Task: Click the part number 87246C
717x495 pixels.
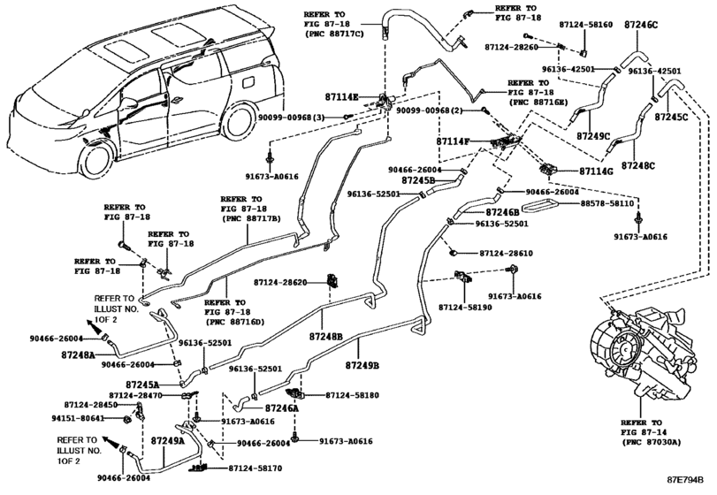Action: [x=641, y=25]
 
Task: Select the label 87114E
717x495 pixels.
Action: [x=341, y=97]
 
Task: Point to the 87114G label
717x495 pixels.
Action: [x=596, y=171]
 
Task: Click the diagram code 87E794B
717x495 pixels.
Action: [x=685, y=480]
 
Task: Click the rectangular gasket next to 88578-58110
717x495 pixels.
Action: [x=538, y=207]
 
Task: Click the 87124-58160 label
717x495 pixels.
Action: [x=586, y=24]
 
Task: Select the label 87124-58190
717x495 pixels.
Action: [x=465, y=308]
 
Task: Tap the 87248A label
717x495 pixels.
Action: [x=78, y=354]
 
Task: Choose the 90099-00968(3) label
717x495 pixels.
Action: [x=291, y=118]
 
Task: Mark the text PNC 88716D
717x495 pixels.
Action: [x=237, y=323]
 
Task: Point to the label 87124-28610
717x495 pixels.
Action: [x=507, y=253]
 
